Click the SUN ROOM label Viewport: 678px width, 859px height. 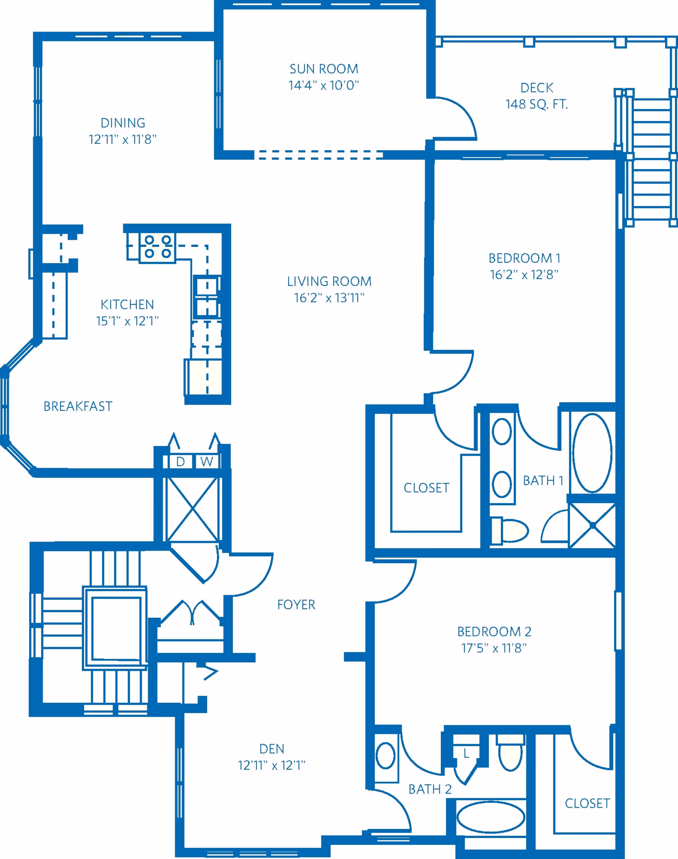323,69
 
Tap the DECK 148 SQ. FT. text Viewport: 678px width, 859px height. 537,96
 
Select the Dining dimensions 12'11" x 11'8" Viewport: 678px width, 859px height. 123,140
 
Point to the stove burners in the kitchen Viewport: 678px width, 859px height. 157,247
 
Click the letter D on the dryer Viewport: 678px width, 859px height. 180,461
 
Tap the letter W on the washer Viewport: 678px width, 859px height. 207,461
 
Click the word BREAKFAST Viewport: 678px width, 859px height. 78,406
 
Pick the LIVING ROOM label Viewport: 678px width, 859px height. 329,281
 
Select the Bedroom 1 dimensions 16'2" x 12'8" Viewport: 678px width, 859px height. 524,275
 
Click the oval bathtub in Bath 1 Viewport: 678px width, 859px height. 592,452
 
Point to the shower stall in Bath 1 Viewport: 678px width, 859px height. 592,525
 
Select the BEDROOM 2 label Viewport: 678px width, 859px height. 494,631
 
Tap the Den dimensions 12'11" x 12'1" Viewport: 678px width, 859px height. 272,765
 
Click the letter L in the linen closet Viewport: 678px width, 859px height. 466,753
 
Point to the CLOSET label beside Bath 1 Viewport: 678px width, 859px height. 426,487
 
